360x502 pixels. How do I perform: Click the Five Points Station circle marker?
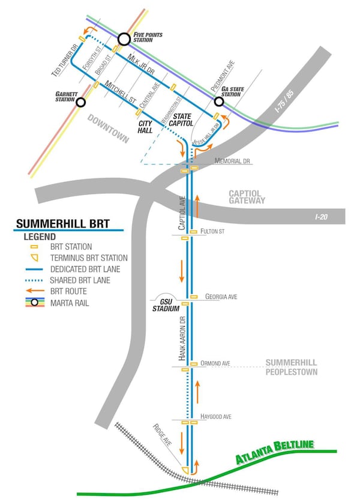point(124,40)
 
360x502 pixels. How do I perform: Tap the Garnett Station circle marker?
point(80,101)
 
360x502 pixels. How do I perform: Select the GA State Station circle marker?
point(219,101)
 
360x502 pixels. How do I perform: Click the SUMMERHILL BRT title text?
point(63,224)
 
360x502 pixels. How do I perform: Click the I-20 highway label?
point(322,215)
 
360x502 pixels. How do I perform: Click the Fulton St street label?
point(213,231)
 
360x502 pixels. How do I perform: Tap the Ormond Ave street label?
point(218,363)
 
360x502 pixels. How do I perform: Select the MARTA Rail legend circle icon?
point(35,303)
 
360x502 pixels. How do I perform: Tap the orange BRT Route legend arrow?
point(35,291)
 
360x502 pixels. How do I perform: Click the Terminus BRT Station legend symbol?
point(35,258)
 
